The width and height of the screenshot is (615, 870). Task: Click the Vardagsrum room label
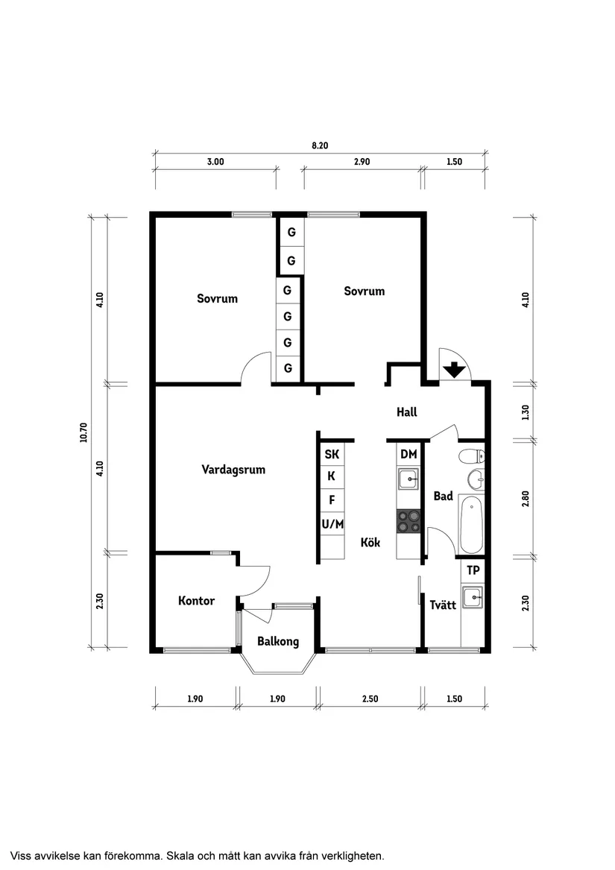pos(233,470)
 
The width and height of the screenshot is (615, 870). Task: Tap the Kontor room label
pos(197,601)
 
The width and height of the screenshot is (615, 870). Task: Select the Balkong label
pos(278,641)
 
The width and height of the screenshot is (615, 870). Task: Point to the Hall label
pos(406,412)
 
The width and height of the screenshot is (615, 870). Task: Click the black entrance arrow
pos(453,370)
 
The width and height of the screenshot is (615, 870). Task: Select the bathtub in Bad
pos(471,525)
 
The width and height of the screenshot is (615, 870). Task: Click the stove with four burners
pos(408,520)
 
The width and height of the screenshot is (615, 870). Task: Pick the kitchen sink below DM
pos(408,479)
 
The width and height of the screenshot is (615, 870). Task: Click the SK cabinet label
pos(332,454)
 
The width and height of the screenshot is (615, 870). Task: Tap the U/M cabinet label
pos(332,524)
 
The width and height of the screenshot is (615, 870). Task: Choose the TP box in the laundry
pos(473,570)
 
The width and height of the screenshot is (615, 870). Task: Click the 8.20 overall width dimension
pos(320,145)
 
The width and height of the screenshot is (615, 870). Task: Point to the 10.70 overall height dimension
pos(83,432)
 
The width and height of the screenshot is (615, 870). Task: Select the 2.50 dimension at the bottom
pos(370,699)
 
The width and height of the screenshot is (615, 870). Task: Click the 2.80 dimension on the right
pos(526,499)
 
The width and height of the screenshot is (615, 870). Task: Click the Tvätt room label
pos(443,605)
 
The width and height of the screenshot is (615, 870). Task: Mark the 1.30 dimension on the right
pos(526,412)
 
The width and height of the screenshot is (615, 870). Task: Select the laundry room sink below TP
pos(472,596)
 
